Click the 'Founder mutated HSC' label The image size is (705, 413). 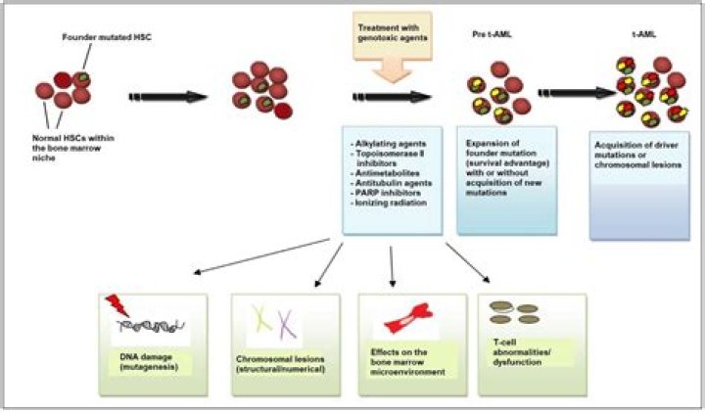[x=107, y=37]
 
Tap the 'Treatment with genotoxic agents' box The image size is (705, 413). [x=393, y=35]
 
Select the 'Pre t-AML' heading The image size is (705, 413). [x=492, y=34]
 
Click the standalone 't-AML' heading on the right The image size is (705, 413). [x=644, y=34]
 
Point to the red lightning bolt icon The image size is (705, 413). [x=117, y=305]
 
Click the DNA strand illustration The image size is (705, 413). [x=151, y=326]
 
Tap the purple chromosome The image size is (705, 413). [x=286, y=324]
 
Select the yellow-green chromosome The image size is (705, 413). [x=261, y=318]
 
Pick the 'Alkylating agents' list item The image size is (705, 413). [x=388, y=144]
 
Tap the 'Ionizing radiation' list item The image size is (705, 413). [x=389, y=203]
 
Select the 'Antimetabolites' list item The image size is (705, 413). [x=385, y=173]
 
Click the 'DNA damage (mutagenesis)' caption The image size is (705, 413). [x=149, y=362]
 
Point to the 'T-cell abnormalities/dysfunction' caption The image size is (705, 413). [x=522, y=352]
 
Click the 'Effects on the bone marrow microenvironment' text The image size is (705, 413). [x=407, y=362]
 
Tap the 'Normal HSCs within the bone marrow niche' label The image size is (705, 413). [x=72, y=148]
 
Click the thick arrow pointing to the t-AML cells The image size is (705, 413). [x=577, y=93]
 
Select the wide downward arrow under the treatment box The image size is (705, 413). [x=393, y=71]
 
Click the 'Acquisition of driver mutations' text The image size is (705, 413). [x=636, y=150]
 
